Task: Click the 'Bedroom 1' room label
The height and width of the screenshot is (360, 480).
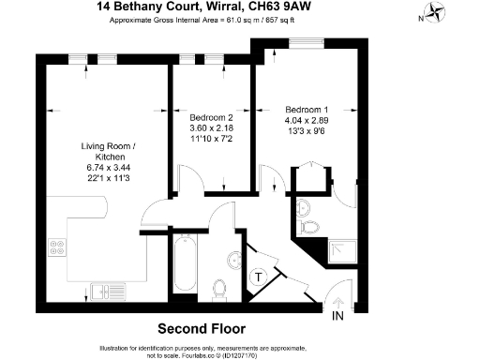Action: point(307,107)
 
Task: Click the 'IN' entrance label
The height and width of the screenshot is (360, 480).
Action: point(338,317)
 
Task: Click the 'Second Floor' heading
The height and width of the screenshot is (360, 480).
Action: point(201,329)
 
